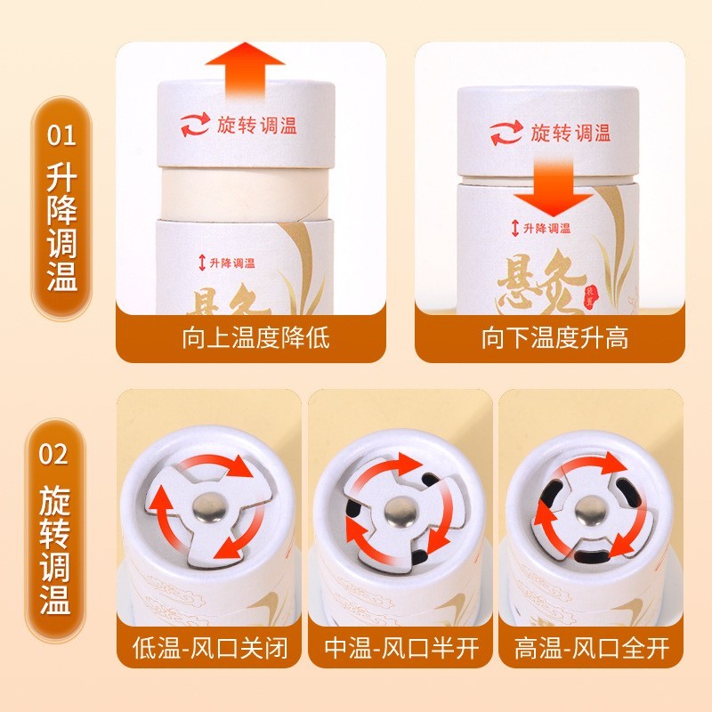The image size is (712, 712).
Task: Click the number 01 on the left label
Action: [x=61, y=138]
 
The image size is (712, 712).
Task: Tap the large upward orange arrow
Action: [x=244, y=71]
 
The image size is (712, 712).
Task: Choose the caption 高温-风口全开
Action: [x=592, y=647]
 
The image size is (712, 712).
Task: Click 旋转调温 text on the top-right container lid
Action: [x=570, y=133]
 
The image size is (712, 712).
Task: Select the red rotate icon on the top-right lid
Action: [x=506, y=133]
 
